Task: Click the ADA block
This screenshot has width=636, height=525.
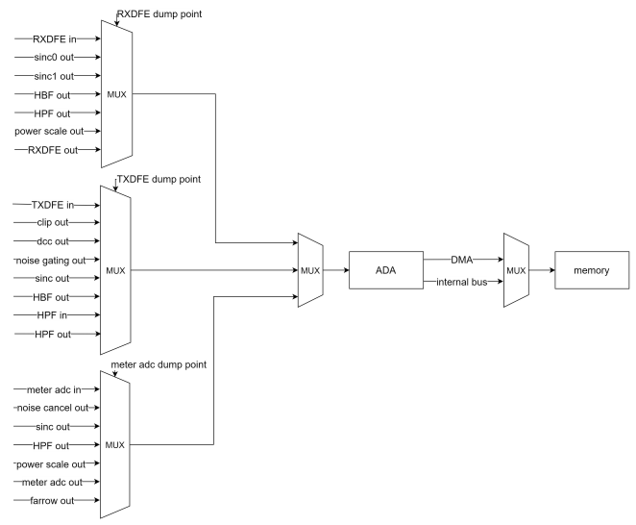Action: [x=385, y=270]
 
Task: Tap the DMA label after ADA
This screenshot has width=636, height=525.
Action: [x=462, y=259]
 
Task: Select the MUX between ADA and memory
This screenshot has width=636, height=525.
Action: [x=515, y=270]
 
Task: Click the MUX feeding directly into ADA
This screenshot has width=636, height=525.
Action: [x=310, y=270]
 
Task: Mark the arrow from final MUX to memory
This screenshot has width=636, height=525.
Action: [x=540, y=270]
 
